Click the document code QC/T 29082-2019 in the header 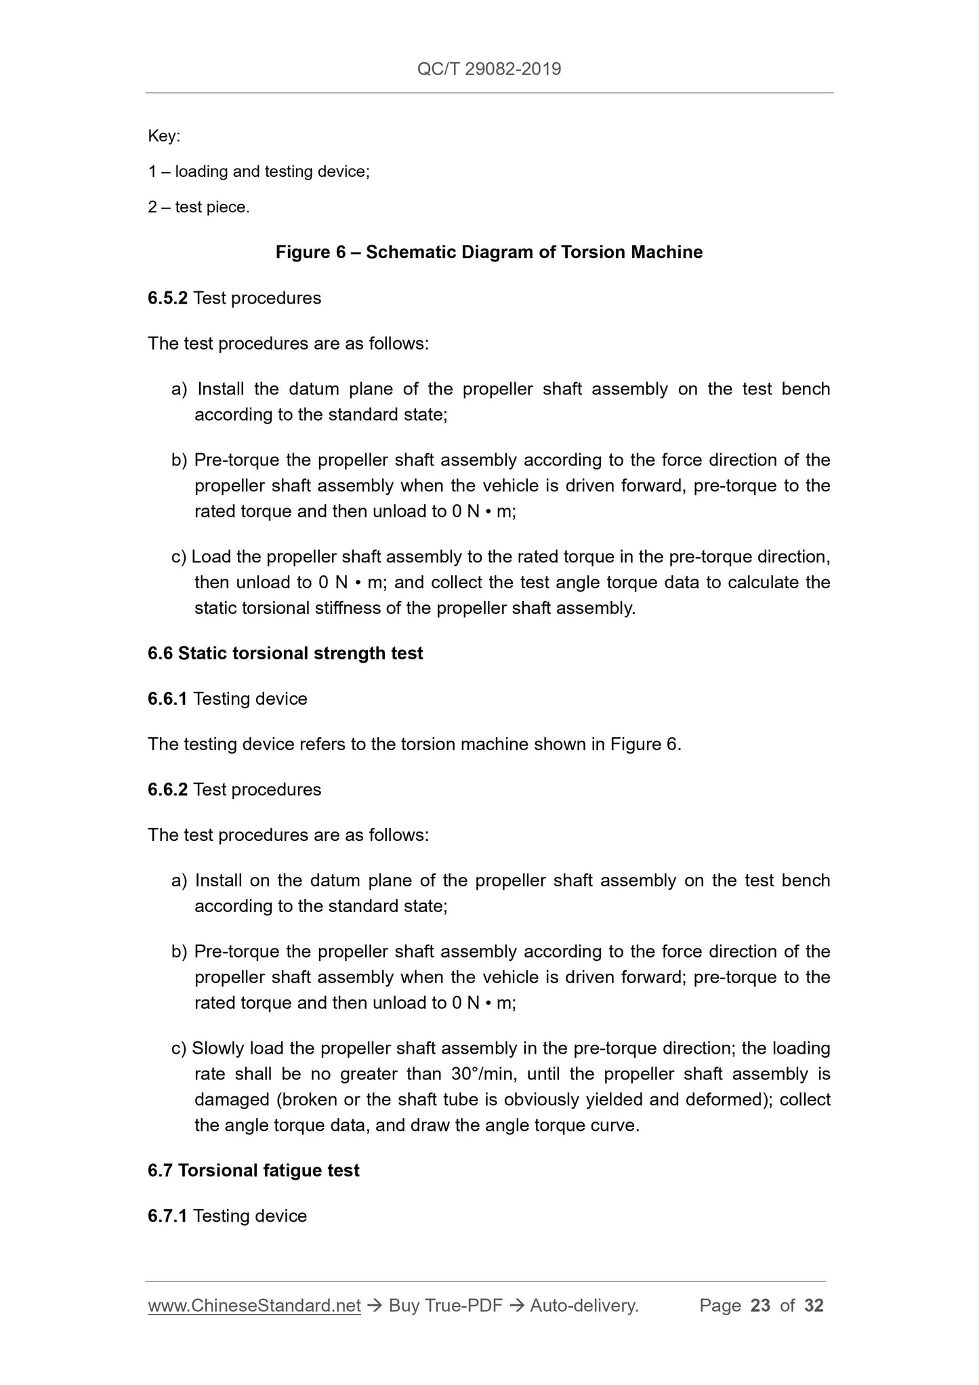tap(489, 69)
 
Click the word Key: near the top tap(164, 136)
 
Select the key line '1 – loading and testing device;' tap(259, 171)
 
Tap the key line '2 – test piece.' tap(199, 207)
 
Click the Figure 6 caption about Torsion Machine tap(489, 253)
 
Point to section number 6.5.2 tap(167, 298)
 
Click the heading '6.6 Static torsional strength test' tap(285, 653)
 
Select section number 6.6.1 tap(167, 699)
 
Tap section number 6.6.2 tap(167, 789)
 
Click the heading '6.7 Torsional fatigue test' tap(253, 1170)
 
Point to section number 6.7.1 tap(167, 1216)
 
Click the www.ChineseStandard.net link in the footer tap(254, 1306)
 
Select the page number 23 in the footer tap(760, 1306)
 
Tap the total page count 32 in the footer tap(814, 1306)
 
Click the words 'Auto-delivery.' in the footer tap(584, 1306)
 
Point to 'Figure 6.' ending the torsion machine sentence tap(646, 744)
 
